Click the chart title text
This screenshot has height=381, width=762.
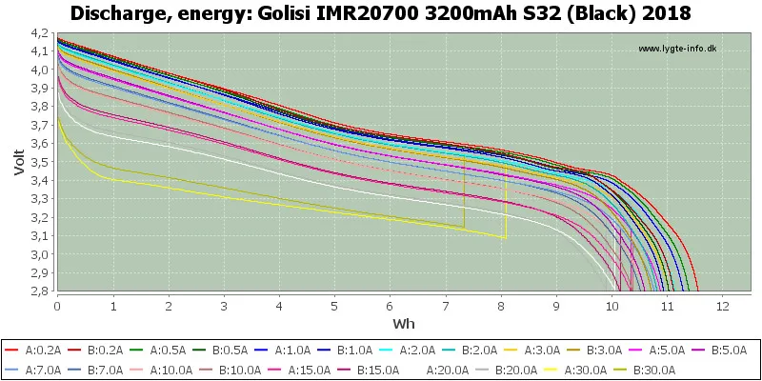[381, 13]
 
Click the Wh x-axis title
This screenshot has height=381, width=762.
[403, 323]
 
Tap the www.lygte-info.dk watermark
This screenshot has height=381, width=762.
[677, 49]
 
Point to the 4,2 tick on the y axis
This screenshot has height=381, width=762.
[43, 33]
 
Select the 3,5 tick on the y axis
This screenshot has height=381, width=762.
[43, 162]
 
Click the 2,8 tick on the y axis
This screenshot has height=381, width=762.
[43, 291]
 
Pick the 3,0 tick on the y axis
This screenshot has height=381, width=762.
[43, 254]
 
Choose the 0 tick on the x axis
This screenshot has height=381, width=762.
[58, 306]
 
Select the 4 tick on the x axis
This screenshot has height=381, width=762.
[279, 306]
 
